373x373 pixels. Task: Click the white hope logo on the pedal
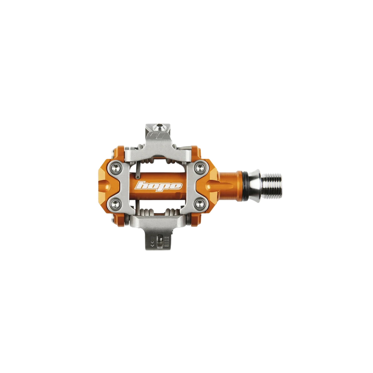click(x=158, y=186)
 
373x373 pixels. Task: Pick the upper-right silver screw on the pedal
click(x=200, y=167)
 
